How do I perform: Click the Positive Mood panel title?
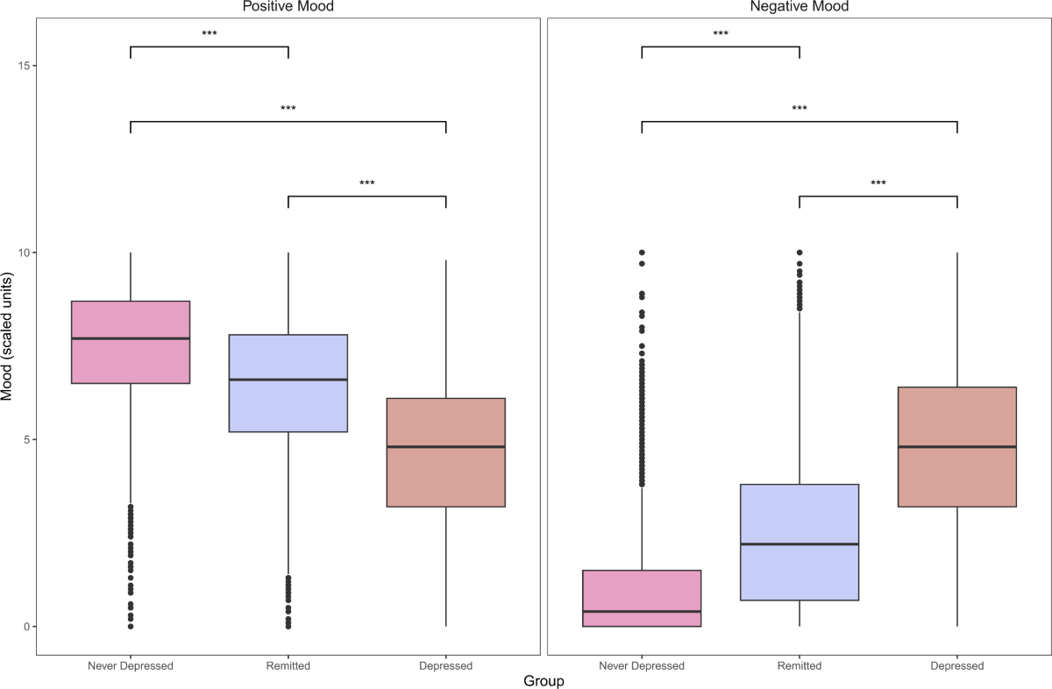click(288, 7)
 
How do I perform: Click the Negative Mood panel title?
click(799, 7)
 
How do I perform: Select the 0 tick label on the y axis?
click(26, 627)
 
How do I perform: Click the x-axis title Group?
click(544, 681)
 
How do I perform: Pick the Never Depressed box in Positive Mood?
click(131, 343)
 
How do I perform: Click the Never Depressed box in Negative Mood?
click(642, 598)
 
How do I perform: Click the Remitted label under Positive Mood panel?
click(288, 665)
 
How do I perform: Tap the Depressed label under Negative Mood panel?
click(957, 665)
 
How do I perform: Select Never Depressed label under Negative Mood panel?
click(642, 665)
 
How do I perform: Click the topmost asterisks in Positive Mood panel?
click(210, 34)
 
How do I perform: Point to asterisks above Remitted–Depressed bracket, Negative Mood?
click(878, 183)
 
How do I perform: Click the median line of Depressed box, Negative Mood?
click(957, 447)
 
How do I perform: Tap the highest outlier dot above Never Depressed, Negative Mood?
click(642, 252)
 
